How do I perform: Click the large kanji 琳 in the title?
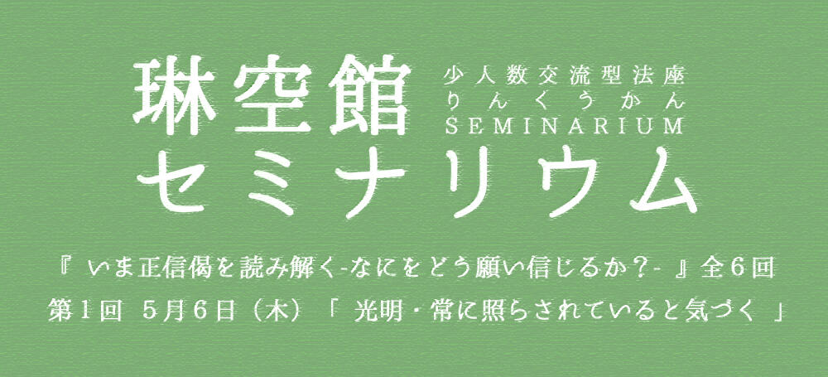click(x=175, y=94)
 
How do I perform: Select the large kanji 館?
click(x=369, y=94)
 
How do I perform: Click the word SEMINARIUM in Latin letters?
click(x=565, y=127)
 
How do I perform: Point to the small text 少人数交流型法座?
click(x=565, y=78)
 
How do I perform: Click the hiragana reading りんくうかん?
click(x=565, y=102)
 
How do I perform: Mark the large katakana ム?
click(x=659, y=180)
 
